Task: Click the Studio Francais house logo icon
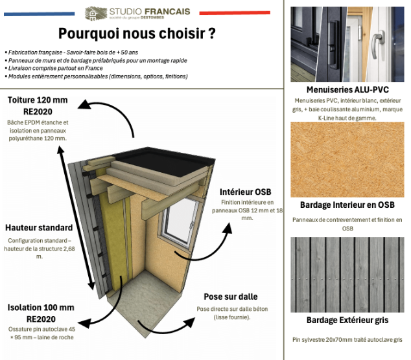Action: (96, 14)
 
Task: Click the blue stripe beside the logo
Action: (40, 14)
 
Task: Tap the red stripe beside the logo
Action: (235, 12)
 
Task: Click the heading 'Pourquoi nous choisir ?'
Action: (137, 34)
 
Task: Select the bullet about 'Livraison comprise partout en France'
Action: (54, 69)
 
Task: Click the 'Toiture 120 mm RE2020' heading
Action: (38, 106)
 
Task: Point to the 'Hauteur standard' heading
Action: (39, 227)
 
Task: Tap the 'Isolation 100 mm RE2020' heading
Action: (41, 313)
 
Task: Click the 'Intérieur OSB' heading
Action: (245, 192)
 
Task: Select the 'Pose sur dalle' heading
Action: (231, 297)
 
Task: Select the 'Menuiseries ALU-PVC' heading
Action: (347, 90)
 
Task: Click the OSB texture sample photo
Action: (347, 159)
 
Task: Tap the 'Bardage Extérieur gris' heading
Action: (347, 320)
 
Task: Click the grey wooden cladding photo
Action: (347, 275)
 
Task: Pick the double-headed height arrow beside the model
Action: (76, 218)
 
